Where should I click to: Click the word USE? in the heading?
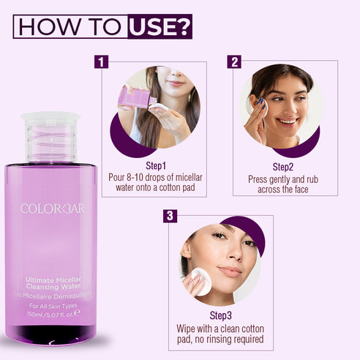point(160,27)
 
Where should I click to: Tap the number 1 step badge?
point(101,62)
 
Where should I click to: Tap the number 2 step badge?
point(234,62)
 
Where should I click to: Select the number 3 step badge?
point(170,216)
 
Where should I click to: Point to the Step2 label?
point(283,167)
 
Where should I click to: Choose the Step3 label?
point(221,315)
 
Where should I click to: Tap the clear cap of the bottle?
point(50,137)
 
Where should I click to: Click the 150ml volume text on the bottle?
point(37,313)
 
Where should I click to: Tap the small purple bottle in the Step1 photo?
point(130,97)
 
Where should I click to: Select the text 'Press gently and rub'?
point(283,179)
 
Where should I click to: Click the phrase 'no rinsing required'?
point(221,339)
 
